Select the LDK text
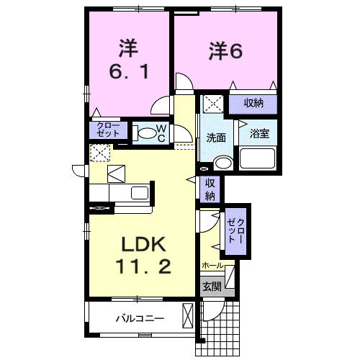point(143,244)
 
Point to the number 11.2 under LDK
point(143,267)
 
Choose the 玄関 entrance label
point(211,287)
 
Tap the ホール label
point(212,265)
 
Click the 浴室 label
point(259,134)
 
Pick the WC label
point(162,132)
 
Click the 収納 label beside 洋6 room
point(253,103)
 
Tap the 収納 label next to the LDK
point(210,189)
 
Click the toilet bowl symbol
point(146,132)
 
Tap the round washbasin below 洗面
point(223,163)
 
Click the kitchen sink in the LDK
point(139,192)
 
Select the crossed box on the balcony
point(189,317)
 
